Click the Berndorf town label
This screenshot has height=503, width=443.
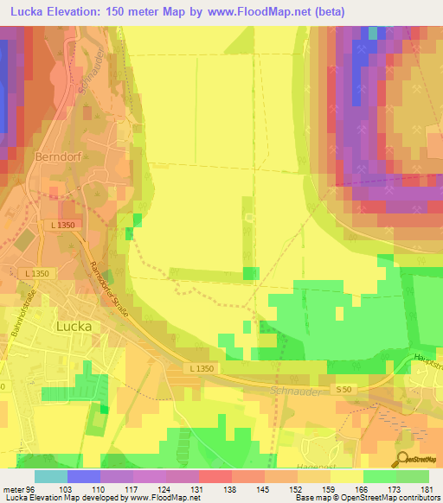pyautogui.click(x=58, y=157)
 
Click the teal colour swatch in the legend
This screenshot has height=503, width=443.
pyautogui.click(x=51, y=476)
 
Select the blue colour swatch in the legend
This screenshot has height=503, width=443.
pyautogui.click(x=84, y=476)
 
